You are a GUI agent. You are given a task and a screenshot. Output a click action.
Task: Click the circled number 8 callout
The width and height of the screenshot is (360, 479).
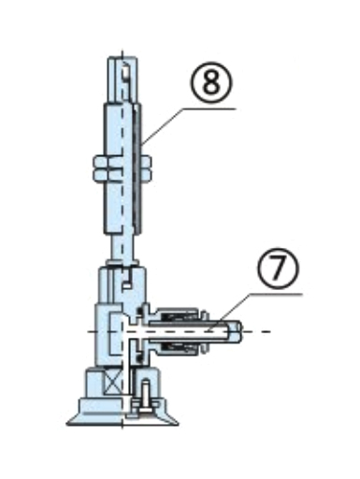click(x=211, y=82)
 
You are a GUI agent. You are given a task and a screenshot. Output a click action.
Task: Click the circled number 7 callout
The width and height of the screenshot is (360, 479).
click(x=278, y=269)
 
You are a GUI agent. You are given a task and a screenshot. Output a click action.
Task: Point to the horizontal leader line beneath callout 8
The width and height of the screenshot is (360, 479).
click(x=208, y=109)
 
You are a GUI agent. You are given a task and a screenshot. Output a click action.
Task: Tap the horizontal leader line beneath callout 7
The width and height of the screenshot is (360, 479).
click(x=276, y=294)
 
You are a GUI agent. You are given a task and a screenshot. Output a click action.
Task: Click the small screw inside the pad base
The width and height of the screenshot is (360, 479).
click(x=145, y=397)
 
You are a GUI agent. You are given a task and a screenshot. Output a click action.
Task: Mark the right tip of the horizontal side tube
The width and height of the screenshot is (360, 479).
click(x=241, y=331)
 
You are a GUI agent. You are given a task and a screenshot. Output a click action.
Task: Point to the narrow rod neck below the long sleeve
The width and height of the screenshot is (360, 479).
click(x=122, y=248)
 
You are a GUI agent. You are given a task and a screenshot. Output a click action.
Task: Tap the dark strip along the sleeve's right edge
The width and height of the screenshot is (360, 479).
click(x=137, y=168)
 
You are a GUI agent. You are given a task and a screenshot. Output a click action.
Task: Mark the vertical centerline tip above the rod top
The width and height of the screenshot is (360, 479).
click(x=122, y=51)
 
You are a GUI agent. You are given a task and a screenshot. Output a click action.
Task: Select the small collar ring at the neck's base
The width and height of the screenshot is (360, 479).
click(x=122, y=263)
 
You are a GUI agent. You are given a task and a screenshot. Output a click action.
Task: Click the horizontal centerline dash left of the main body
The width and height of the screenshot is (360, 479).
click(x=92, y=331)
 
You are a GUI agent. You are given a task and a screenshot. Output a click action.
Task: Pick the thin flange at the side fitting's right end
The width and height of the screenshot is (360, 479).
click(x=204, y=331)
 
